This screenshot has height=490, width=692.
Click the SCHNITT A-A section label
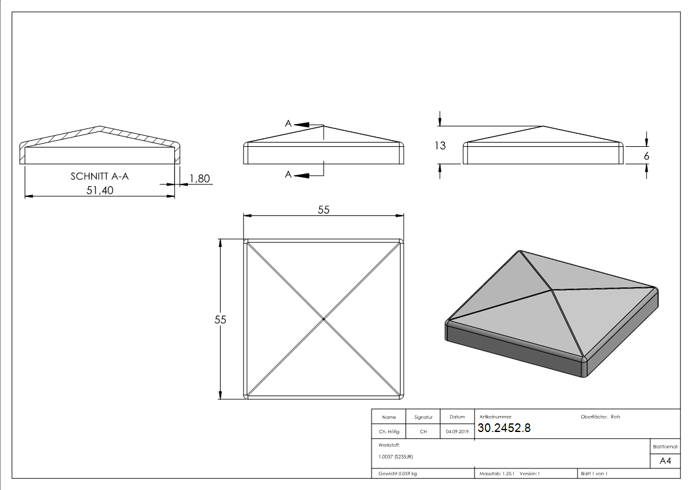(x=100, y=176)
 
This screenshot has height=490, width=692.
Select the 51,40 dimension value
(x=100, y=191)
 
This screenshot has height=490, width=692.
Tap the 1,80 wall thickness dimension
(x=200, y=178)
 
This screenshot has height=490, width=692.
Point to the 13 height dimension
(x=440, y=146)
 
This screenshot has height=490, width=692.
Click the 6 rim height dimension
(x=646, y=156)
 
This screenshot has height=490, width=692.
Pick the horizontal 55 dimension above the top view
(x=324, y=210)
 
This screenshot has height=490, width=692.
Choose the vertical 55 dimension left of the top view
(x=220, y=320)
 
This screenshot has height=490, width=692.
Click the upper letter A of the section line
(x=288, y=123)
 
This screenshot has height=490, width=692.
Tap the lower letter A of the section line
(x=288, y=175)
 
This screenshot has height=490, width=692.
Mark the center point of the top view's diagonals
(x=324, y=319)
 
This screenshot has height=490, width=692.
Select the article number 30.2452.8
(x=504, y=428)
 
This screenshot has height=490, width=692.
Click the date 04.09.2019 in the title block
(x=457, y=431)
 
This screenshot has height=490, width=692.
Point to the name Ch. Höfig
(x=389, y=431)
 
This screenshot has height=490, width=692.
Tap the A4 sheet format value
(x=665, y=461)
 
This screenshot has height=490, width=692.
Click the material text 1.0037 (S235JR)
(x=396, y=457)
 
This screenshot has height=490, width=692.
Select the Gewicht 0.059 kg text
(x=397, y=474)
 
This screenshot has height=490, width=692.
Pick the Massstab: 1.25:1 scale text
(x=497, y=474)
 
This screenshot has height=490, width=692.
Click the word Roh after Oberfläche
(x=615, y=417)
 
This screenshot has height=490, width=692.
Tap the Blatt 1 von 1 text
(x=594, y=474)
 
